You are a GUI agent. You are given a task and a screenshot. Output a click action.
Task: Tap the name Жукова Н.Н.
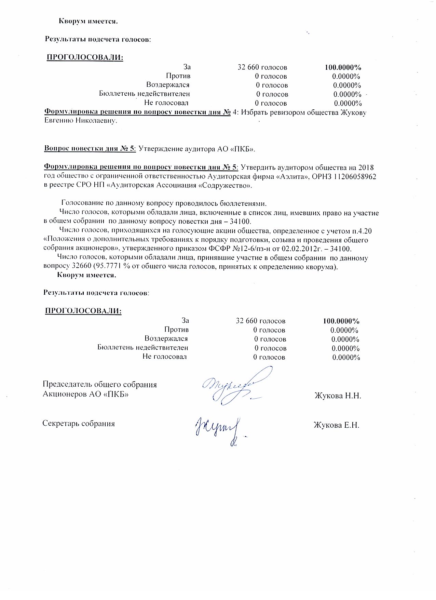click(338, 396)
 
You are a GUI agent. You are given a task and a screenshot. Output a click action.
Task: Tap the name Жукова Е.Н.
click(336, 425)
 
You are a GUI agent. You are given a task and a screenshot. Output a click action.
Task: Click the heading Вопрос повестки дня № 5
click(90, 149)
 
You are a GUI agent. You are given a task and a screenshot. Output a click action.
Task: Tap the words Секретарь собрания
click(79, 424)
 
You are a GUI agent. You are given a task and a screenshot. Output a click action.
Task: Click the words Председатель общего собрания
click(100, 384)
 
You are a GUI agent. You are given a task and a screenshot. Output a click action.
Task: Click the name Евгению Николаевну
click(81, 121)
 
